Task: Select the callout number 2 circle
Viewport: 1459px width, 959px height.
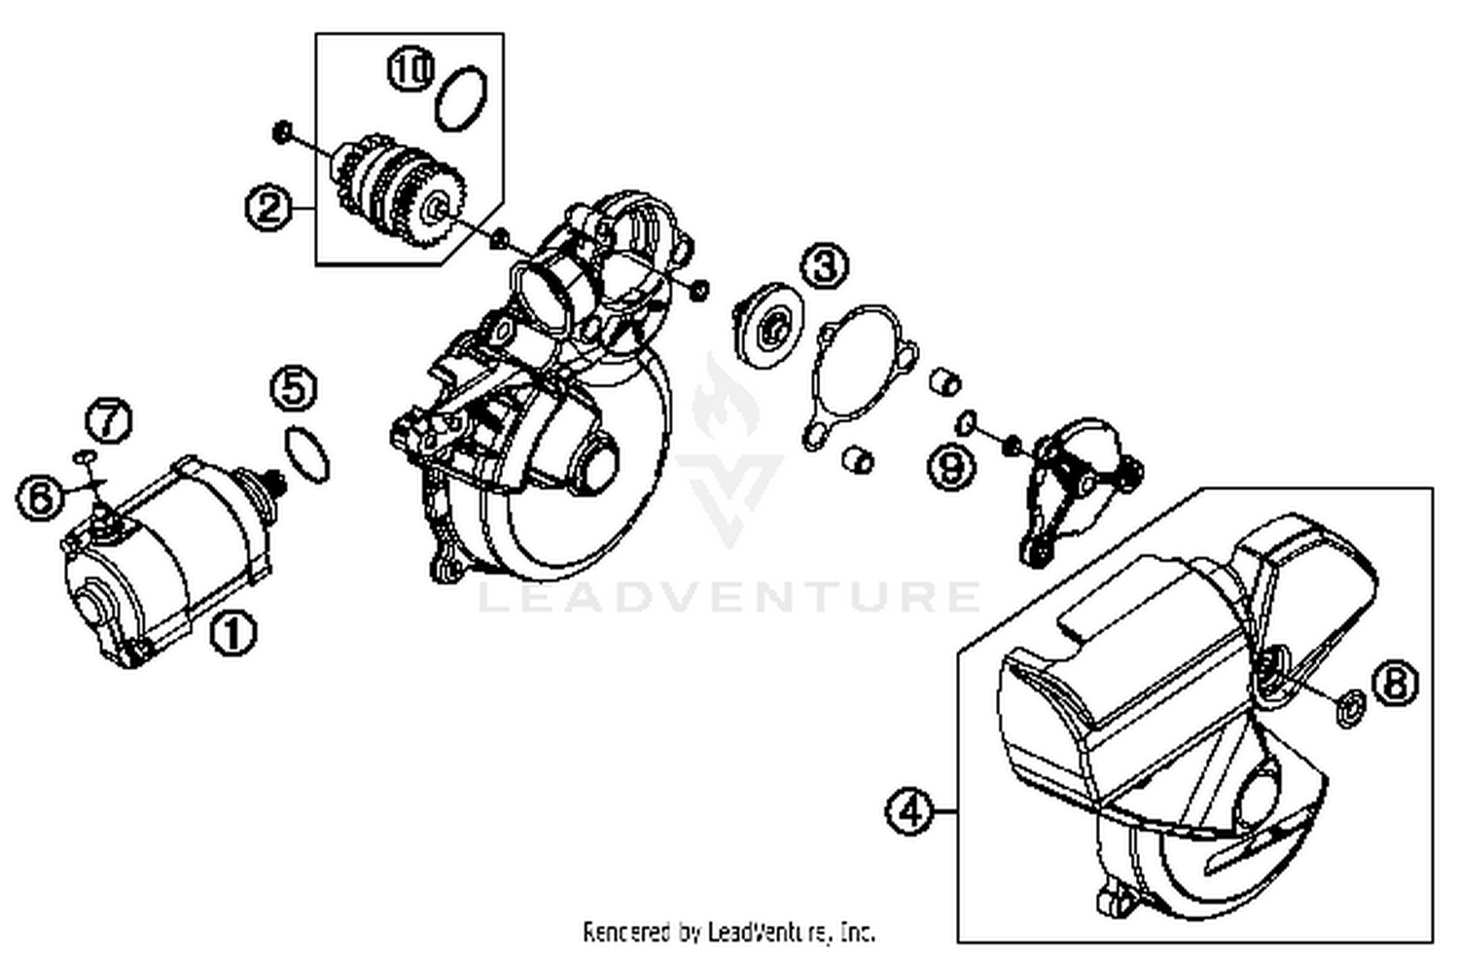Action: [x=268, y=207]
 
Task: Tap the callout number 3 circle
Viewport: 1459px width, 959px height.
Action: [x=824, y=265]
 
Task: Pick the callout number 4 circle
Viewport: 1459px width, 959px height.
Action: [x=909, y=810]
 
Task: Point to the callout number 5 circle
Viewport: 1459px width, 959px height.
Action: [x=294, y=387]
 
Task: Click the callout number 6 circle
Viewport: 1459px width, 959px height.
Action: [x=40, y=498]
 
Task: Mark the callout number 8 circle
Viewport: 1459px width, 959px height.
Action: [x=1395, y=682]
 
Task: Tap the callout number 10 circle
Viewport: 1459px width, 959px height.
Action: [x=410, y=69]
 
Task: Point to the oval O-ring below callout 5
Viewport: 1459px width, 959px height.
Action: [x=307, y=454]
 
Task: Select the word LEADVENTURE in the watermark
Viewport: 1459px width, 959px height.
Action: [x=729, y=595]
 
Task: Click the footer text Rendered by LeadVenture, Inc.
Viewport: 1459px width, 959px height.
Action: [x=729, y=932]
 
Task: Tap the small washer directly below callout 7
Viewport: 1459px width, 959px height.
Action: [x=85, y=454]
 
